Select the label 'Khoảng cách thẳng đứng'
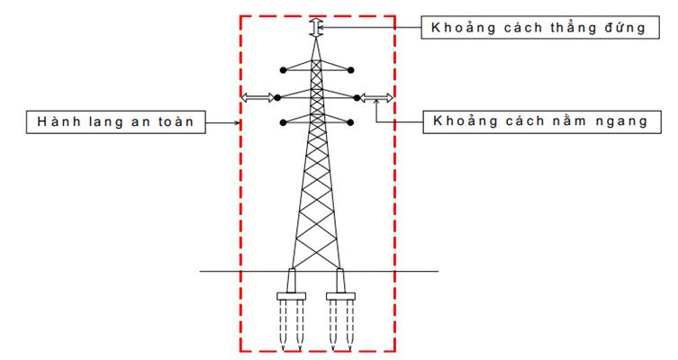click(538, 27)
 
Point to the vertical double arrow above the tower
click(314, 28)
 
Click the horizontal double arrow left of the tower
click(258, 96)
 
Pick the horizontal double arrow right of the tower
click(377, 96)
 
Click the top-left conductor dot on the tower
click(283, 69)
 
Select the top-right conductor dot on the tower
click(354, 69)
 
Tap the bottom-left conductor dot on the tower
click(283, 121)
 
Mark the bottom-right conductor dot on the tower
click(354, 121)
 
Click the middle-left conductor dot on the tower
click(277, 96)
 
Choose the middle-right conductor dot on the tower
click(358, 96)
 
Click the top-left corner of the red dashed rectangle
click(240, 15)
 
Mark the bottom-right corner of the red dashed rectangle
click(395, 350)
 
